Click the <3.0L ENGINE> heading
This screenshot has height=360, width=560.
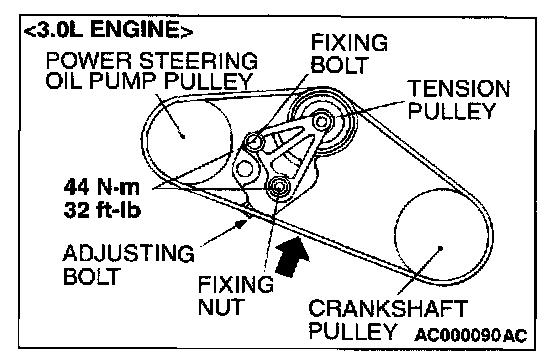pos(108,29)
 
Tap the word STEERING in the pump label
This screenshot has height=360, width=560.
pos(198,60)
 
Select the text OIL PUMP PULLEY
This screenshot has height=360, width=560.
pos(149,81)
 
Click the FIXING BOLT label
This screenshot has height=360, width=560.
pos(349,54)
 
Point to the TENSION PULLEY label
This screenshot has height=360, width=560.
pos(459,99)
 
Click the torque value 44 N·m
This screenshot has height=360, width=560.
pos(102,187)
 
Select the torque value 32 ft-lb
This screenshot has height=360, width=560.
pos(102,210)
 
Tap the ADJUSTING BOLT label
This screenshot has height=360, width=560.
pos(129,264)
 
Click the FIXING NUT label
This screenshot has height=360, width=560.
pos(236,295)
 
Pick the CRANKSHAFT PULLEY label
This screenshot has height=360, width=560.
pos(388,319)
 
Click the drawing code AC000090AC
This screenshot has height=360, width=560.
pos(471,335)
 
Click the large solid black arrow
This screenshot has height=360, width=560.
pos(292,256)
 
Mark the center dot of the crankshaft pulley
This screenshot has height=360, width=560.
pos(440,248)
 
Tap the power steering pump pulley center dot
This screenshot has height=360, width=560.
pos(183,136)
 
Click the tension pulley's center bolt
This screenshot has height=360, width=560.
pos(321,122)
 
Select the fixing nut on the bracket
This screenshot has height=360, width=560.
pos(278,186)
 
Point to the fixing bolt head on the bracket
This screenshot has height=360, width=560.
pos(254,141)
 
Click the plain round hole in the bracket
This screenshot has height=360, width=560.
pos(244,168)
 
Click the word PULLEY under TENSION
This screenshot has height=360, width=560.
pos(452,111)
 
